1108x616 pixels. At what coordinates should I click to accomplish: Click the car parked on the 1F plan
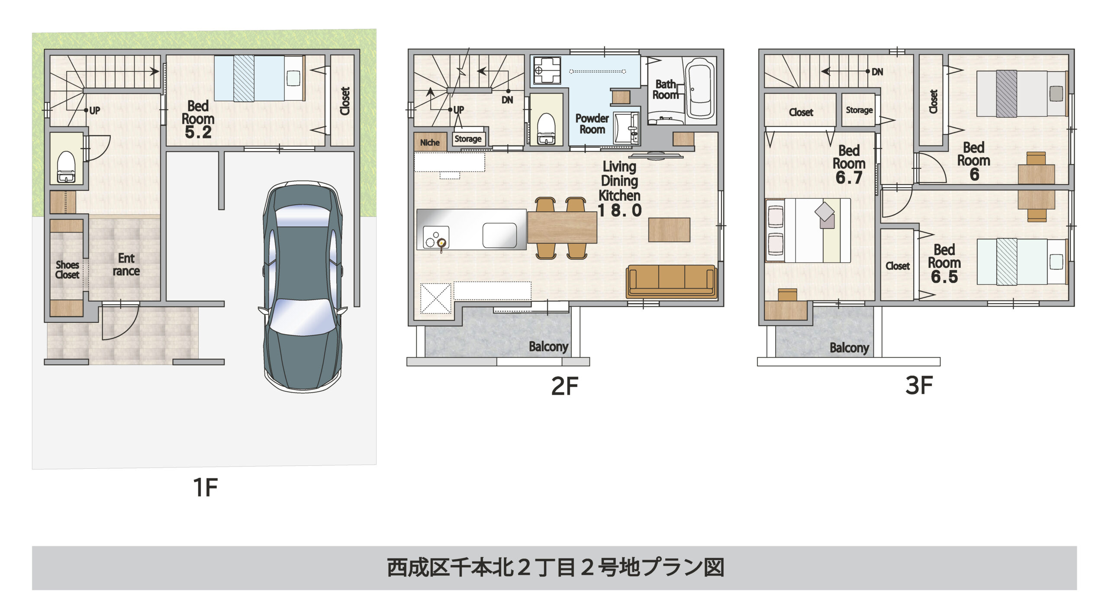point(303,286)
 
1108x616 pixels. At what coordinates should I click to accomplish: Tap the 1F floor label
point(205,488)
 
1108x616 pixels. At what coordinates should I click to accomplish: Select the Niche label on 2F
point(430,142)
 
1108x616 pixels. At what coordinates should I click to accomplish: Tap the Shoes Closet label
point(67,270)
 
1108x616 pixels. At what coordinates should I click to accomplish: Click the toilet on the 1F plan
point(66,166)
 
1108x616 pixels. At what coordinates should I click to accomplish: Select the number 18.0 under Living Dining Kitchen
point(619,211)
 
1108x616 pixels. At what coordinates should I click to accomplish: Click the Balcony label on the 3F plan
point(849,348)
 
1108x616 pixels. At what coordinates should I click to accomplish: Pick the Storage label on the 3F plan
point(859,110)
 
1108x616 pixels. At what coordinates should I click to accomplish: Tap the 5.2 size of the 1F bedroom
point(198,132)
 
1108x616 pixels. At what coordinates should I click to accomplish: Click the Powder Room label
point(592,124)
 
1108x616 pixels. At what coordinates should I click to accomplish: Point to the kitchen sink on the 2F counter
point(499,235)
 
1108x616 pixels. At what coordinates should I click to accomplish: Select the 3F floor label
point(919,385)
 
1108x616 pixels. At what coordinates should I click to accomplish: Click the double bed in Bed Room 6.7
point(808,230)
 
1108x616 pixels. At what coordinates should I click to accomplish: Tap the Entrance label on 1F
point(126,264)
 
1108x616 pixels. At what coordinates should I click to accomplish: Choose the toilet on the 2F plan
point(546,128)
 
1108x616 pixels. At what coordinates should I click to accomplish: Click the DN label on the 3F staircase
point(877,72)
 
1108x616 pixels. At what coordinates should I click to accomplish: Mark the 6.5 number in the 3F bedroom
point(944,277)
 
